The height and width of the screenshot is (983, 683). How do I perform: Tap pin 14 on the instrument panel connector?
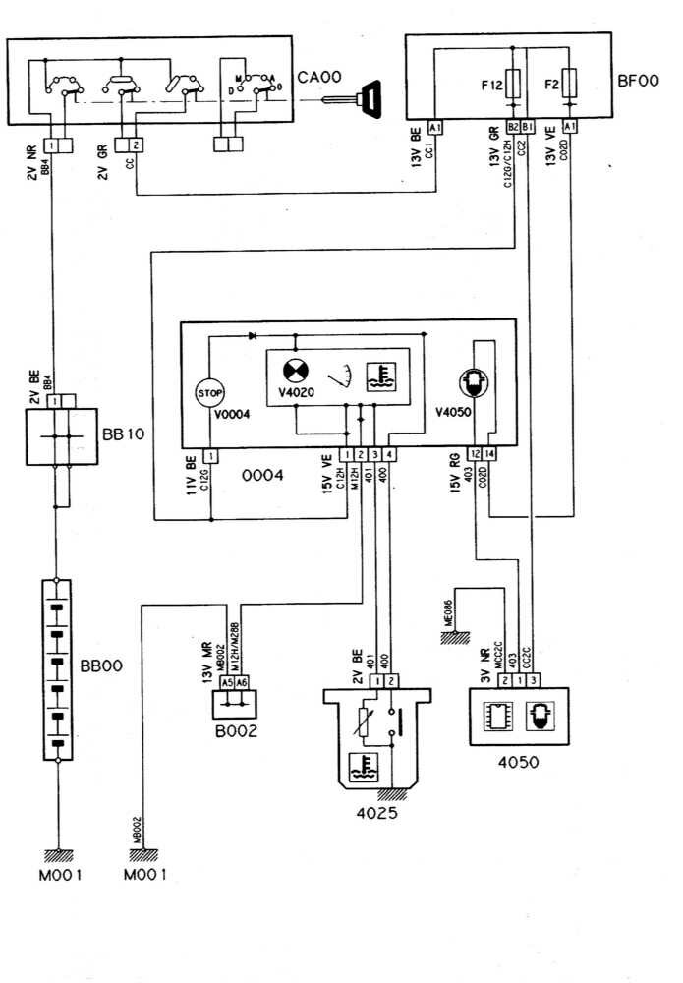click(490, 454)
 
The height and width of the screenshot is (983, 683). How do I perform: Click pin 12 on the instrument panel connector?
click(476, 454)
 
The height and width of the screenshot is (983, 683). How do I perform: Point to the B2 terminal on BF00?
click(512, 126)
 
